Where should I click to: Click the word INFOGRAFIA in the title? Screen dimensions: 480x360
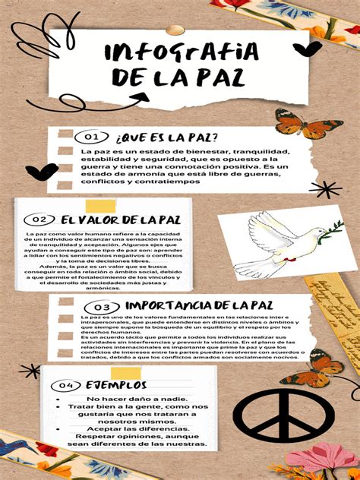181,53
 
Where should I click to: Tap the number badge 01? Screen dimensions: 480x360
92,137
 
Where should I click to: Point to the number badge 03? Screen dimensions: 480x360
103,306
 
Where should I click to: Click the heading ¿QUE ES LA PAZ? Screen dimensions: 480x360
168,137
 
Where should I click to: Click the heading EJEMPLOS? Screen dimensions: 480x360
116,385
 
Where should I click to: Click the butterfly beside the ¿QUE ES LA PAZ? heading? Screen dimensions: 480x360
298,123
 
